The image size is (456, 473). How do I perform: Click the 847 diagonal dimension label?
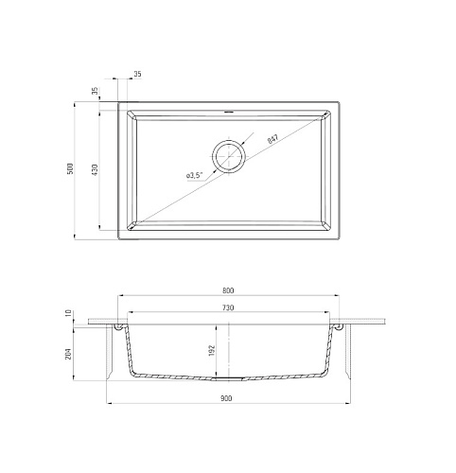tap(272, 139)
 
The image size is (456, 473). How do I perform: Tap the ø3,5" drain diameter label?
tap(194, 175)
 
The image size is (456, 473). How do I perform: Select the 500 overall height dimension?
tap(70, 168)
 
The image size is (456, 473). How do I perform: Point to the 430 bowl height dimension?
tap(96, 169)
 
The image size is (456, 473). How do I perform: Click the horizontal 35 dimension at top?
tap(137, 74)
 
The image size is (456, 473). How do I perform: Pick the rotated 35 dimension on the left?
tap(96, 91)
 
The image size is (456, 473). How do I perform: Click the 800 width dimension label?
tap(228, 290)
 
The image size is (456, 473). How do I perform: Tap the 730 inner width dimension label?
tap(228, 307)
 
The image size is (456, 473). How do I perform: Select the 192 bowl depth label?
tap(211, 350)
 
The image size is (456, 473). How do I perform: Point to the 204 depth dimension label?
tap(69, 354)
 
